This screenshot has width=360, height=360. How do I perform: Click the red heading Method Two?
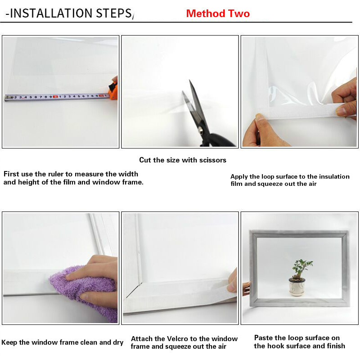coord(218,13)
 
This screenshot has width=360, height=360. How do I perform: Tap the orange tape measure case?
coord(113,90)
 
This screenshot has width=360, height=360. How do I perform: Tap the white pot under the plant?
coord(297,287)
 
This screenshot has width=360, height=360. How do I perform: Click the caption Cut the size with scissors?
coord(183,160)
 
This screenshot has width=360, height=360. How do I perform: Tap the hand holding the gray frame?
coord(246,288)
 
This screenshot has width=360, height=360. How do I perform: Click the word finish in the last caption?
coord(334,346)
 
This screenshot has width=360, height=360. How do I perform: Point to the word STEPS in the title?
coord(110,13)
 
